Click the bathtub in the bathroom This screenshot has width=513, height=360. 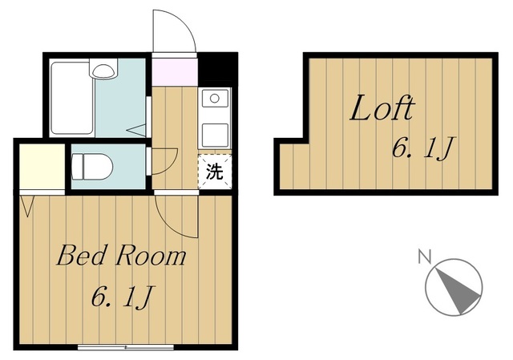(72, 98)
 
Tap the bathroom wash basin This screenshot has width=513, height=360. (103, 70)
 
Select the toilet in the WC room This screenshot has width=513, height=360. (92, 167)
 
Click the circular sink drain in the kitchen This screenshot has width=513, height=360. (215, 98)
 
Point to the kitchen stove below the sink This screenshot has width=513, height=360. (215, 136)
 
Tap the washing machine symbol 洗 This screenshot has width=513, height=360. (215, 172)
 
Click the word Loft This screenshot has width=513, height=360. (382, 107)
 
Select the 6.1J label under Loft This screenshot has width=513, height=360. (423, 148)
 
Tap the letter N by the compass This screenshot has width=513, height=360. (425, 257)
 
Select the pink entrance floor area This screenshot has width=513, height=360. (175, 71)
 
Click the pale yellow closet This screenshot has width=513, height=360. (42, 167)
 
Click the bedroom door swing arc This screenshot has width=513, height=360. (170, 225)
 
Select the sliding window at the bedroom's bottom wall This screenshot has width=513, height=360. (126, 347)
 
